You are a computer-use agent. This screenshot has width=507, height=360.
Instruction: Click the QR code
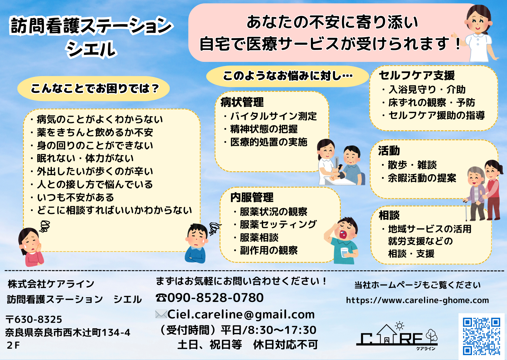(x=481, y=336)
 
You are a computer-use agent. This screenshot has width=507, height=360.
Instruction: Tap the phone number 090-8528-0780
(x=216, y=298)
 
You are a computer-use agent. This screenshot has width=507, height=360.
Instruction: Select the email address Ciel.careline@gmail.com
(x=241, y=314)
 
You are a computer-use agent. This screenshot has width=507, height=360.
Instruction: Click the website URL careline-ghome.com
(x=417, y=300)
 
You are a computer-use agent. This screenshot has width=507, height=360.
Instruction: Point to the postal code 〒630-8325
(x=34, y=319)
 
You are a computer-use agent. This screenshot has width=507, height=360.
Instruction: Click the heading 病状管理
(x=242, y=102)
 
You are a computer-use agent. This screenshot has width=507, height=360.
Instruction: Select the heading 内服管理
(x=252, y=197)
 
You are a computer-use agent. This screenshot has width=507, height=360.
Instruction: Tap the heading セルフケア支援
(x=417, y=75)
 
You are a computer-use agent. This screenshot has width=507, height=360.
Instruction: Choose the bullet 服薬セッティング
(x=278, y=224)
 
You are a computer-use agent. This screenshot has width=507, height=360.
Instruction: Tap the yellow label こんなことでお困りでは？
(x=93, y=89)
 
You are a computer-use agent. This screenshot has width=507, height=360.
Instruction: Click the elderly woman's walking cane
(x=466, y=210)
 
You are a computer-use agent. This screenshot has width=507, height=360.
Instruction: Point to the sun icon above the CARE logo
(x=400, y=326)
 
